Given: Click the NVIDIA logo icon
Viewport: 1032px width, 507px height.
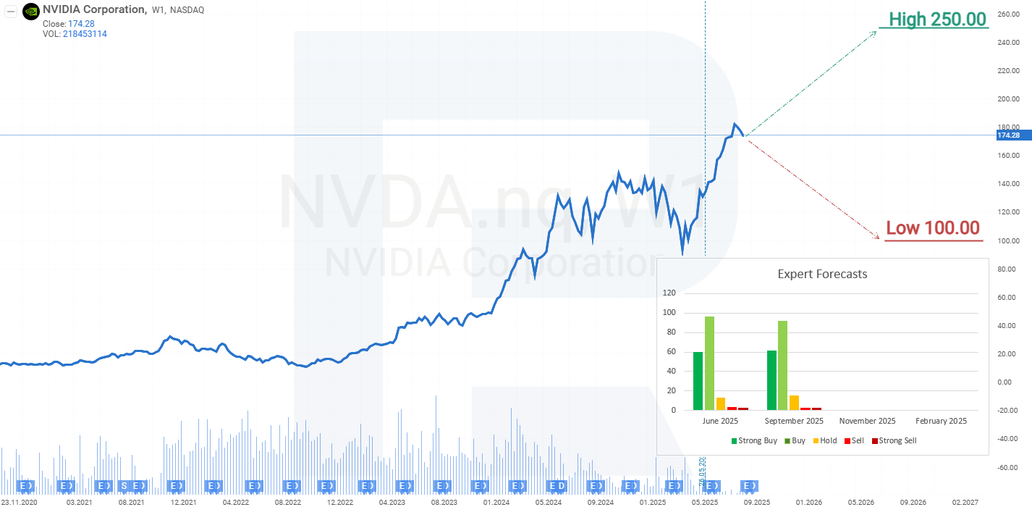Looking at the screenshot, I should pos(31,11).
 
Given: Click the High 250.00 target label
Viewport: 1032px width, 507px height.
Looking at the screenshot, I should pos(938,20).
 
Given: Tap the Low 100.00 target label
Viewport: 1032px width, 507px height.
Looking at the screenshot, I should pos(933,228).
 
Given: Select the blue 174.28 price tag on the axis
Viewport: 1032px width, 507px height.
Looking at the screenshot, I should pos(1008,135).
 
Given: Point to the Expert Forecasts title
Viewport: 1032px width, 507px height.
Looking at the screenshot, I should pos(822,274).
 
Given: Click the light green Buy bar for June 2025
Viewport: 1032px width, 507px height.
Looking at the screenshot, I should pos(709,363).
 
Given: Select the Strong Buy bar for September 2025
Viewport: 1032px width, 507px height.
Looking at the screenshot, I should pos(772,380).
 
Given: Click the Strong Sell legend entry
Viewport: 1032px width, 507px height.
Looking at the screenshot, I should pos(894,440).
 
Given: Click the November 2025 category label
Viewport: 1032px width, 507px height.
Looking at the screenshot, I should pos(867,421).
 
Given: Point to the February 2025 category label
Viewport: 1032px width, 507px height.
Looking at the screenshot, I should pos(941,421).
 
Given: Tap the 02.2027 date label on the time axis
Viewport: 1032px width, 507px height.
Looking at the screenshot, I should pos(965,501).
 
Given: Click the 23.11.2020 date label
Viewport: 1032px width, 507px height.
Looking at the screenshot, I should pos(20,501).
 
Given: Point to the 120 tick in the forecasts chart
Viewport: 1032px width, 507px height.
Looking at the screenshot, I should pos(669,293).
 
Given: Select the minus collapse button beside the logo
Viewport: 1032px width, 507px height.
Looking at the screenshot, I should pos(11,11).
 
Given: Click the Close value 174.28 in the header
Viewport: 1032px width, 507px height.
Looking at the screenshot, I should pos(81,24).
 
